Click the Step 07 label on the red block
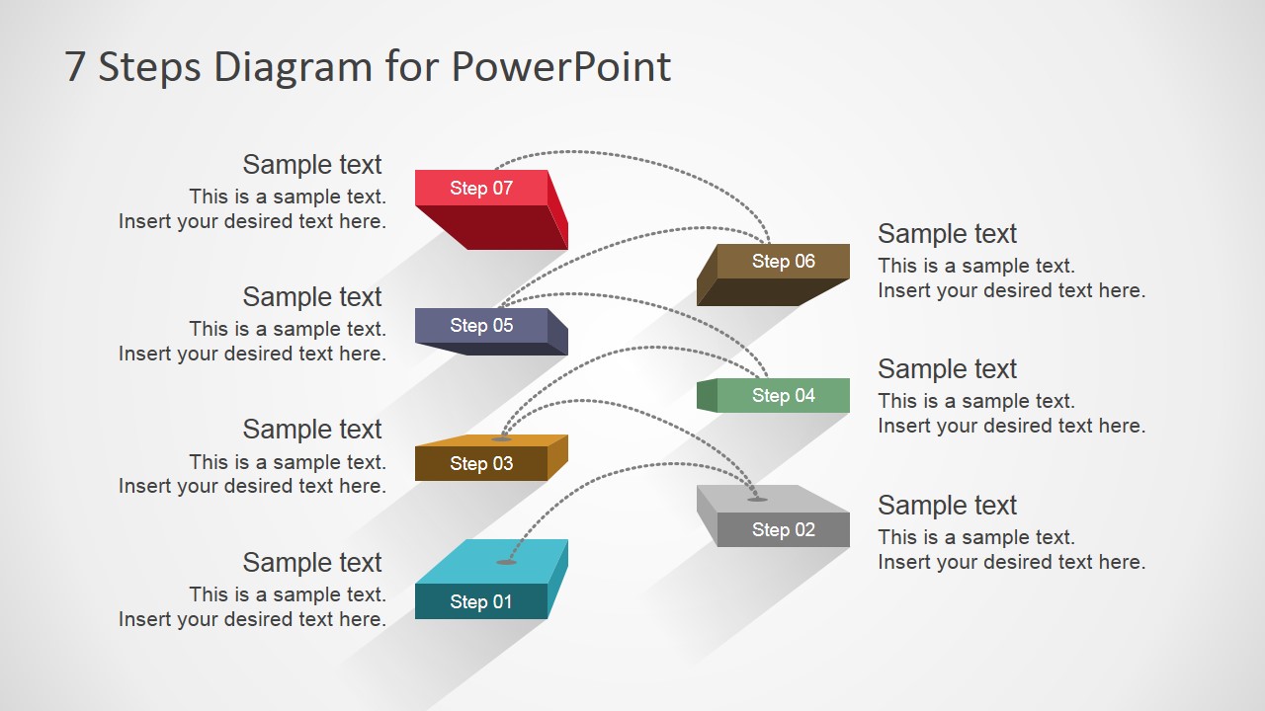coord(481,188)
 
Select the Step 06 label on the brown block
coord(784,262)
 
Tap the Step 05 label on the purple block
coord(481,326)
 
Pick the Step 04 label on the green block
coord(784,396)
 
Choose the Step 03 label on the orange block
coord(481,464)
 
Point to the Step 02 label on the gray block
coord(784,530)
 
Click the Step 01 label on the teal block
coord(481,602)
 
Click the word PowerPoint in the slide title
coord(560,66)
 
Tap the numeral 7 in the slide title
coord(75,66)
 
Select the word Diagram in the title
coord(293,68)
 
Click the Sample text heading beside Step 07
coord(312,165)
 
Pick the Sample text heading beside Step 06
coord(947,234)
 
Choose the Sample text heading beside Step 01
coord(312,563)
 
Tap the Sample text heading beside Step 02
coord(947,505)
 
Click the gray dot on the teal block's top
coord(506,562)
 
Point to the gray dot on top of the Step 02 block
coord(757,500)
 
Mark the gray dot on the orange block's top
coord(501,439)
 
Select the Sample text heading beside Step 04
coord(947,369)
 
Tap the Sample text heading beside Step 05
coord(312,297)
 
